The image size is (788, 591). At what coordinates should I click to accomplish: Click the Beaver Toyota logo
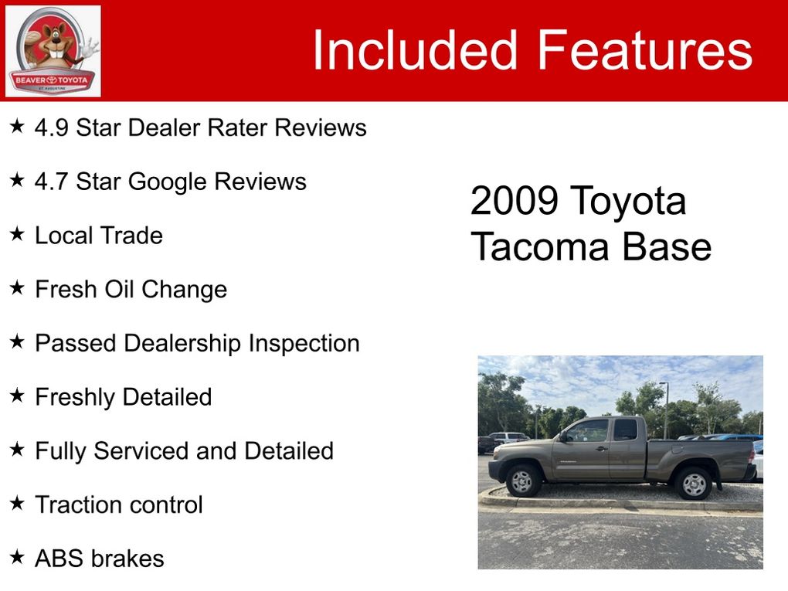53,51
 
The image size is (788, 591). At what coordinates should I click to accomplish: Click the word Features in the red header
645,49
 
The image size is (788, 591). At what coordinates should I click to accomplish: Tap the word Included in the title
415,49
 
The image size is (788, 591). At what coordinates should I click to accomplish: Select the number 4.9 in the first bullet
51,127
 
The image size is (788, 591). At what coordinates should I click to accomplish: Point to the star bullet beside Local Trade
17,233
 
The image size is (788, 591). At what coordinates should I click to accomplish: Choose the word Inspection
304,345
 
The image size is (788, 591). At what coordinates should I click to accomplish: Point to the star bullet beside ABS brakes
17,557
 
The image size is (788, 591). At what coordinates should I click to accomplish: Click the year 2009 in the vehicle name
514,201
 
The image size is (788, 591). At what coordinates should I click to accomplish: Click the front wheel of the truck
523,481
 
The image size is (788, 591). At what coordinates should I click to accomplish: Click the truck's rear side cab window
626,430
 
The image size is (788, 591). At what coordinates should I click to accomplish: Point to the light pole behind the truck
665,410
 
